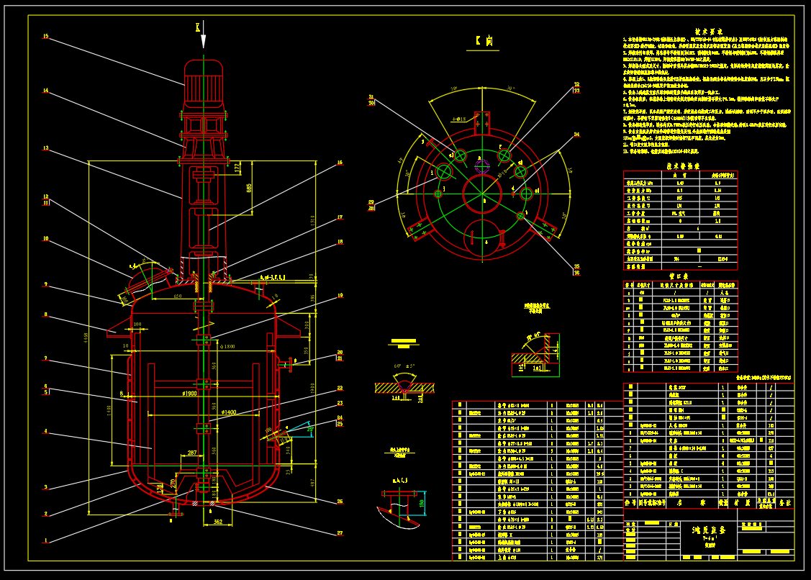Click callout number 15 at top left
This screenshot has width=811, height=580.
point(45,36)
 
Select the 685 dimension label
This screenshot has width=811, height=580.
point(249,188)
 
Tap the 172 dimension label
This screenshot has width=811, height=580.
point(237,167)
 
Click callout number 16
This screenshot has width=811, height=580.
point(340,163)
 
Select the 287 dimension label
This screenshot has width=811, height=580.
point(191,453)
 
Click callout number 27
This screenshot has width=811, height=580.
point(340,533)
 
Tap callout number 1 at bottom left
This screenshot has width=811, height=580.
point(45,540)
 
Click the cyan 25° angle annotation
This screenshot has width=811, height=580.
point(311,429)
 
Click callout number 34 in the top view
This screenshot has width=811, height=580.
point(576,135)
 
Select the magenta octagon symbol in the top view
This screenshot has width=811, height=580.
point(481,165)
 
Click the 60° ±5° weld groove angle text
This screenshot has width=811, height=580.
point(404,366)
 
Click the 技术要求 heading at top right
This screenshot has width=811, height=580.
point(708,32)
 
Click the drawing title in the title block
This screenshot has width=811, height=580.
point(708,529)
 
